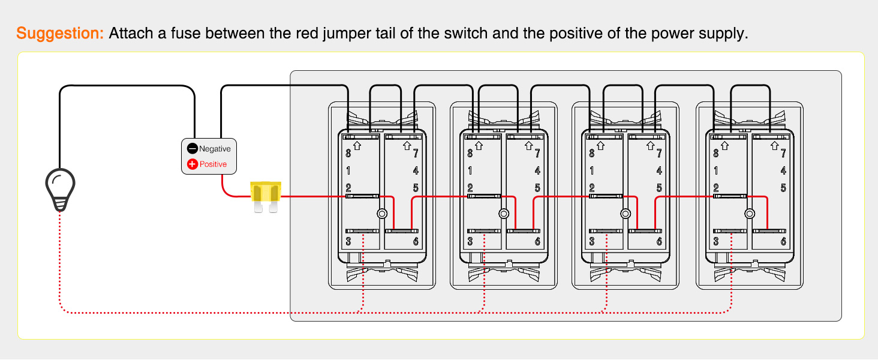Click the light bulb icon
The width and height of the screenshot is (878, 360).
pos(61,188)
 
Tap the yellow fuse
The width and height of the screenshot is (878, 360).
pos(266,195)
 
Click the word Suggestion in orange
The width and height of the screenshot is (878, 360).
pos(60,33)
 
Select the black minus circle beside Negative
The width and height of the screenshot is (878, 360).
pos(192,149)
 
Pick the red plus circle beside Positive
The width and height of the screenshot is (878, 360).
pos(192,164)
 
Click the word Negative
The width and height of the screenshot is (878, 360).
pos(215,149)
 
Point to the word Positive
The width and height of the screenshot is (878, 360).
pos(213,164)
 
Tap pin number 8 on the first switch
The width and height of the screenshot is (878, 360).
pos(348,154)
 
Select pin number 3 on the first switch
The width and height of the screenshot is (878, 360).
pos(348,242)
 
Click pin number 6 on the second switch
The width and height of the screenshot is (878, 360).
pos(537,242)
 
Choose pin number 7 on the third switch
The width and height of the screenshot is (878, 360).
pos(659,154)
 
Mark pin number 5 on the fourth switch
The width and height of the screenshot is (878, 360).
pos(783,188)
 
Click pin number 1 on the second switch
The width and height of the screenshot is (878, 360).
pos(470,171)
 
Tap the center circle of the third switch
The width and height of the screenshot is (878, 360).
pos(626,214)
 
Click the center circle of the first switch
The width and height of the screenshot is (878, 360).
pos(382,214)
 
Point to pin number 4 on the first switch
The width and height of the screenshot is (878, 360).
pos(416,171)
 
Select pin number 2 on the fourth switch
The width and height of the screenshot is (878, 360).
pos(716,188)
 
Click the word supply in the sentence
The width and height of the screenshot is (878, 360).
pos(728,33)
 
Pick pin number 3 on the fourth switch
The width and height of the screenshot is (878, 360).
pos(716,242)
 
